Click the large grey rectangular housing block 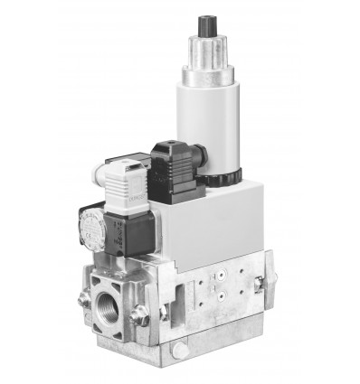coord(208,221)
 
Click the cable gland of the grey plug coord(108,164)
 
